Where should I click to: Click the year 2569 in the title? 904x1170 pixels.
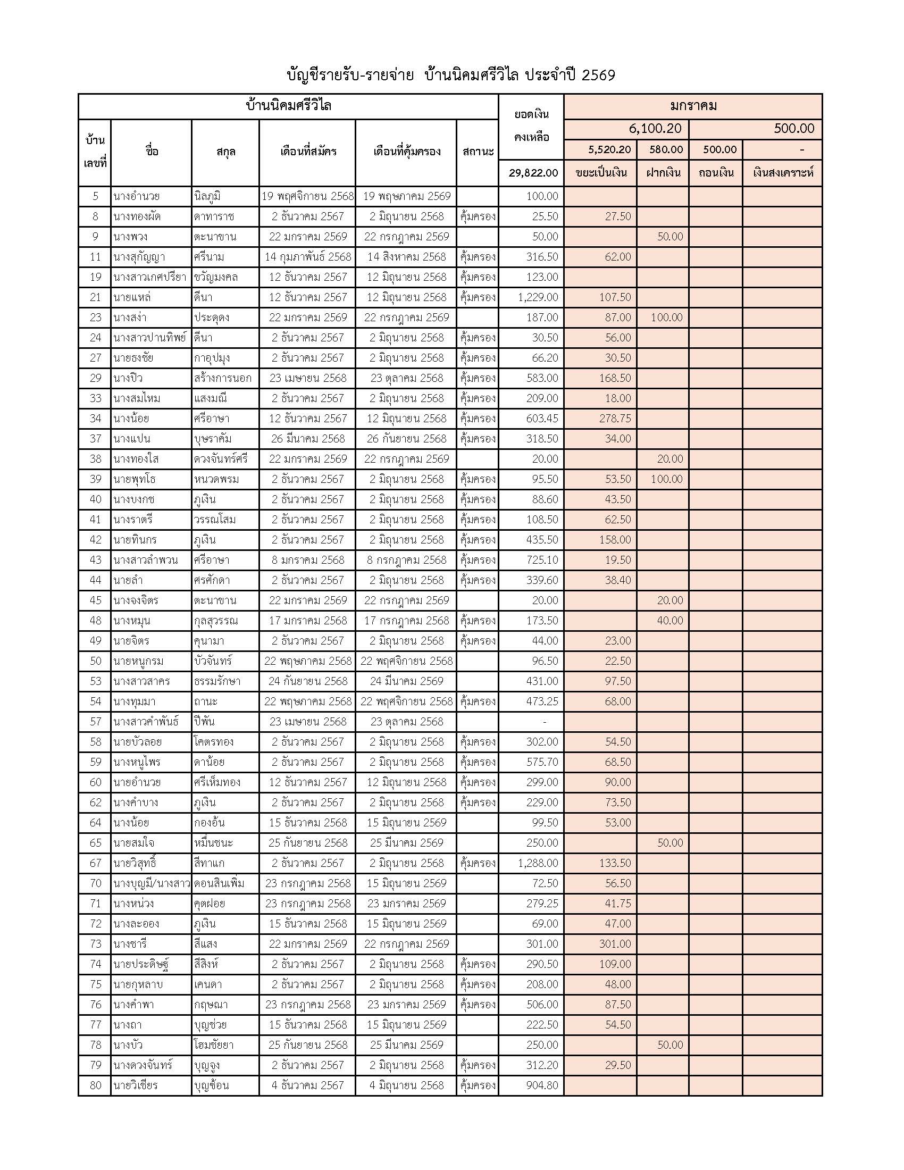(598, 75)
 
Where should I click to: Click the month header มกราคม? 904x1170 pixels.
(693, 106)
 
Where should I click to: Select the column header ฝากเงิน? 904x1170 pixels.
(663, 172)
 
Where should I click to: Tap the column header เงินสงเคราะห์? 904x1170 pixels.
(782, 172)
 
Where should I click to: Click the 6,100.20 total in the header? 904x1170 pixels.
(655, 129)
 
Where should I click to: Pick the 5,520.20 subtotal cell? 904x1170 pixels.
(609, 149)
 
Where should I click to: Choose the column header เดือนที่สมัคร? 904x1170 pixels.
(308, 152)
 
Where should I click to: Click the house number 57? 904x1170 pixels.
(95, 722)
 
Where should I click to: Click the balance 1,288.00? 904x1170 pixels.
(538, 863)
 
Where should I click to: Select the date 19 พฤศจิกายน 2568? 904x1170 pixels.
(307, 196)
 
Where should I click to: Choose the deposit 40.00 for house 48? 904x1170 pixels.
(670, 620)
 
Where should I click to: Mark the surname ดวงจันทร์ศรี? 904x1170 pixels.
(221, 459)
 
